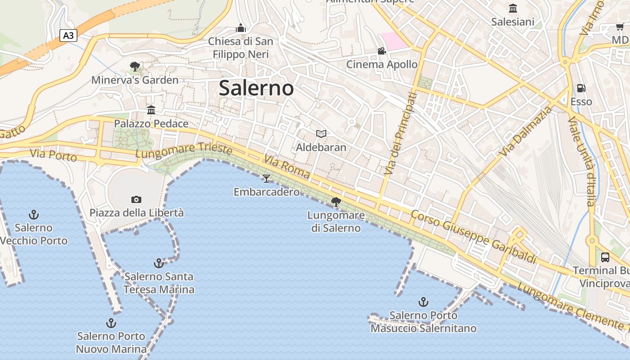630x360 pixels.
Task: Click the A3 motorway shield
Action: tap(68, 35)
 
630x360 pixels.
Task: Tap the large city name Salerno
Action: tap(256, 88)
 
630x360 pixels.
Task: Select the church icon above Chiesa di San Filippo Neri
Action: tap(241, 28)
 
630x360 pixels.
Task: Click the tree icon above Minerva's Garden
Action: tap(135, 67)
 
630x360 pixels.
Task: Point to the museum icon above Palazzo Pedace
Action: tap(151, 110)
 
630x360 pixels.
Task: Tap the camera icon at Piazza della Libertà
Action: tap(136, 199)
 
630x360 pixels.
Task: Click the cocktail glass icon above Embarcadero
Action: tap(266, 179)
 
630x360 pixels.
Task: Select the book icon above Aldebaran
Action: tap(321, 134)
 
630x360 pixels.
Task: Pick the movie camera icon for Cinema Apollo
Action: tap(382, 51)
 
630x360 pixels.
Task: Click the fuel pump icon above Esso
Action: tap(581, 88)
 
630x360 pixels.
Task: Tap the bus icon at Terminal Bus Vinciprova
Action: tap(605, 257)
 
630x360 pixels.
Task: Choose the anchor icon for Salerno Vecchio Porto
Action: tap(33, 214)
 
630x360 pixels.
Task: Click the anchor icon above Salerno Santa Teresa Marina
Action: tap(158, 263)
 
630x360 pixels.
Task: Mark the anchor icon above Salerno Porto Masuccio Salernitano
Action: tap(423, 301)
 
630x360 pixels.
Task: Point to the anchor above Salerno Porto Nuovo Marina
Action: tap(111, 323)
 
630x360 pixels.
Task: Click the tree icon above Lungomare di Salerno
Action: tap(336, 202)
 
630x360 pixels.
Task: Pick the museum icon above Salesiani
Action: tap(513, 8)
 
